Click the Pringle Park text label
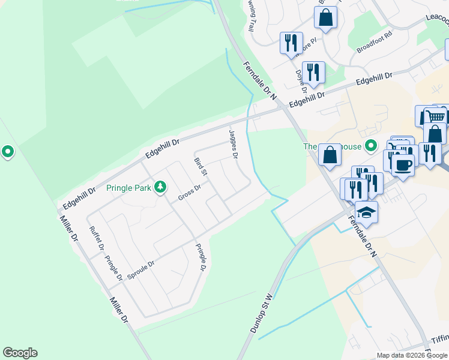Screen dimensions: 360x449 click(128, 188)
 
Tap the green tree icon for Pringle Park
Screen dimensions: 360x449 click(160, 187)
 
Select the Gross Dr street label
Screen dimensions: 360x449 click(189, 193)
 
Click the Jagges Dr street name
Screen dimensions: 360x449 click(234, 144)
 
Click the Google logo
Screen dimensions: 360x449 click(20, 353)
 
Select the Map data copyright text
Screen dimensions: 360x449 click(412, 355)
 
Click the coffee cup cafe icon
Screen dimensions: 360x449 click(403, 164)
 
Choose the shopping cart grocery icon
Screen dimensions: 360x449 click(436, 117)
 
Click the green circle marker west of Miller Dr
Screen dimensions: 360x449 click(7, 152)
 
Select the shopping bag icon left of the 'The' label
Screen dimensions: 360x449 click(330, 154)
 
